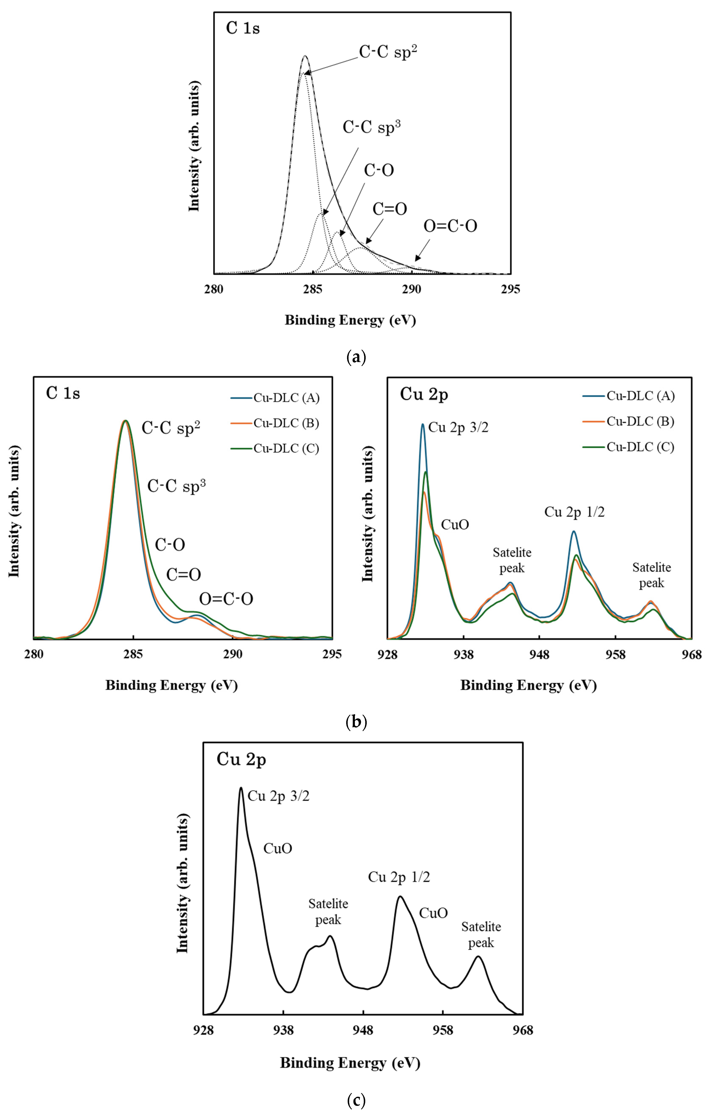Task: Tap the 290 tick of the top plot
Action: (412, 289)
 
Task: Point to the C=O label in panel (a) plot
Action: (389, 209)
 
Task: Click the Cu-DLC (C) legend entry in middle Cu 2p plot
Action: (640, 447)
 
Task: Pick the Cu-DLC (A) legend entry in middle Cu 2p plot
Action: (640, 396)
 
